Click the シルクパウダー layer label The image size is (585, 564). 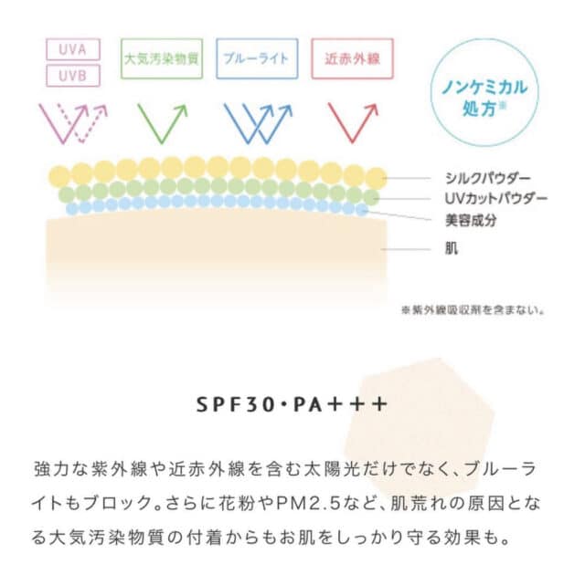487,179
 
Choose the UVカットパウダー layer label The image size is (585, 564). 495,199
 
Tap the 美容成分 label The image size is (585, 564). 471,220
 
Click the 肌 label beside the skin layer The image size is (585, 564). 452,248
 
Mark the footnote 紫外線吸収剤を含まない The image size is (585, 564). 473,309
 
